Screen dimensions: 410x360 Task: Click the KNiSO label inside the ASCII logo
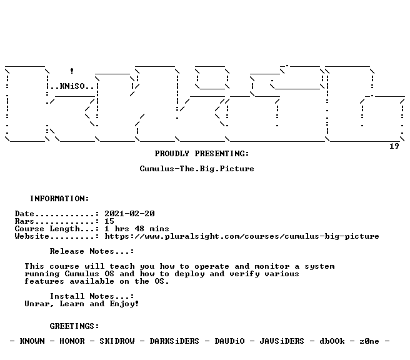(72, 86)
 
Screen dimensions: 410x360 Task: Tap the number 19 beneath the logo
(394, 146)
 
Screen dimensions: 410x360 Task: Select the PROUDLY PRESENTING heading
(202, 154)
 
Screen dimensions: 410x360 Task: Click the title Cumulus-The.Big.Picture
(197, 169)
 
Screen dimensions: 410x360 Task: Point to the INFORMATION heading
(59, 199)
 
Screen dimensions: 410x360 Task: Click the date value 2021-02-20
(130, 214)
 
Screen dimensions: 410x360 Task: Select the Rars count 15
(109, 221)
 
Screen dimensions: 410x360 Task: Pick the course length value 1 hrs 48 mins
(137, 229)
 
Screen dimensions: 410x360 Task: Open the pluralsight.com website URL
(242, 236)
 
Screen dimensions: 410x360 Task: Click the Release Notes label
(92, 251)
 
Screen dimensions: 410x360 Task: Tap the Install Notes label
(92, 296)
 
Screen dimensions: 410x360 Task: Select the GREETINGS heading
(74, 326)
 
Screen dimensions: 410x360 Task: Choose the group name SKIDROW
(117, 341)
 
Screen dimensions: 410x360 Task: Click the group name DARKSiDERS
(174, 341)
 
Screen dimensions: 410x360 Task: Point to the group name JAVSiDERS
(282, 341)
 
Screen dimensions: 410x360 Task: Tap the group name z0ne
(369, 341)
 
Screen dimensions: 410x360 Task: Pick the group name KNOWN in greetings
(32, 341)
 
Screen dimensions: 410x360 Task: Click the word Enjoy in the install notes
(124, 304)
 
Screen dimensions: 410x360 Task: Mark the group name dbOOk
(332, 341)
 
